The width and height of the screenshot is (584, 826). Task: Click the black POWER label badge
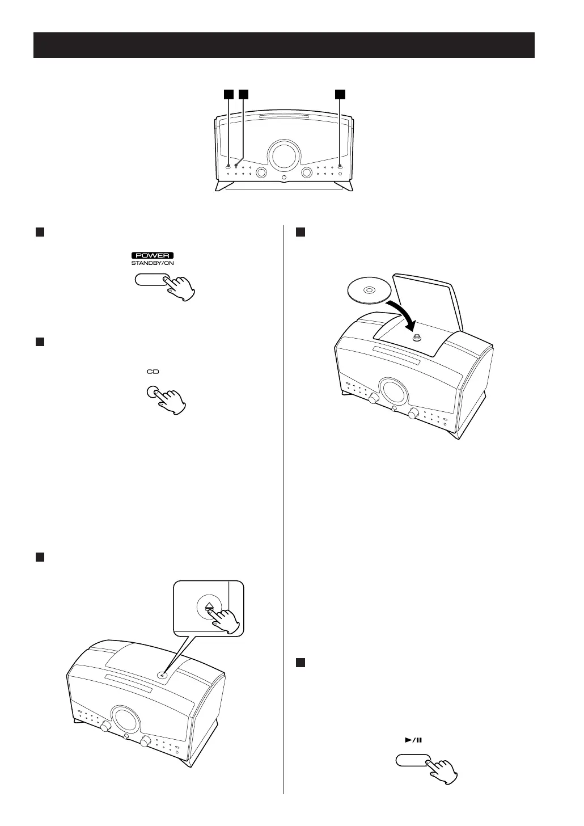point(150,255)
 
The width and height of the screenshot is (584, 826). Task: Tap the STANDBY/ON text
point(150,263)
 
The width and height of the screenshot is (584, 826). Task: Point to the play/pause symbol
point(414,740)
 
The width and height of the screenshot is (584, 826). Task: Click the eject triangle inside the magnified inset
point(209,606)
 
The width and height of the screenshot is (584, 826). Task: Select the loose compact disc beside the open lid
point(369,291)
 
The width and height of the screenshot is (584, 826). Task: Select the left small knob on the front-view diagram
point(261,172)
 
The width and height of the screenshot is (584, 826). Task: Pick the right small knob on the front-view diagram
point(307,172)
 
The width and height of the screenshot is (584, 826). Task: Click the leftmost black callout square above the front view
point(228,94)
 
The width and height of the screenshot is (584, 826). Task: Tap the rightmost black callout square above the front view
point(340,94)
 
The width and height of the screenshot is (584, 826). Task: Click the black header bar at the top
point(283,45)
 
